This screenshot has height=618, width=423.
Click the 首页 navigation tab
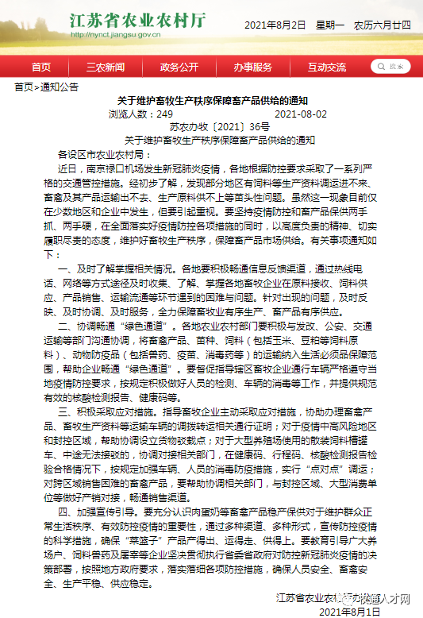(41, 67)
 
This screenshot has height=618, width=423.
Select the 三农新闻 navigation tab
(106, 67)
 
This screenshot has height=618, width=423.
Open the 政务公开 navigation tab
(179, 67)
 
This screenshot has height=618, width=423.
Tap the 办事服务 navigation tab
(252, 67)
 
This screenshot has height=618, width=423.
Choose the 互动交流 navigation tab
(326, 67)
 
